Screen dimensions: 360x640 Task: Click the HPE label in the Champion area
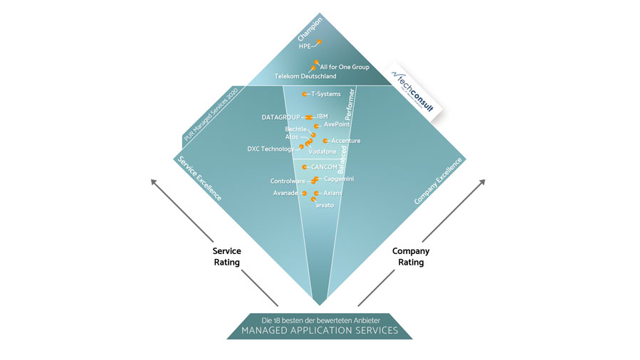pos(305,47)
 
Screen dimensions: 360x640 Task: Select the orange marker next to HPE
pos(318,43)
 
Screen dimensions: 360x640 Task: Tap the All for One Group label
pos(345,67)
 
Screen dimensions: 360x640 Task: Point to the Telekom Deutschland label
pos(305,76)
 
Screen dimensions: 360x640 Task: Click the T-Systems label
pos(326,94)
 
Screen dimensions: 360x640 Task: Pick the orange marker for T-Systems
pos(305,94)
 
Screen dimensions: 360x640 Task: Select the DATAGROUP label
pos(281,117)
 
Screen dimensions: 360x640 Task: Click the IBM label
pos(322,116)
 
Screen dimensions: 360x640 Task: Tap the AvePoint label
pos(338,124)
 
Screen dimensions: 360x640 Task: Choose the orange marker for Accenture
pos(326,141)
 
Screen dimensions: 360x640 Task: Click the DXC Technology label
pos(270,149)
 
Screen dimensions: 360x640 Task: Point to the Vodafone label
pos(322,152)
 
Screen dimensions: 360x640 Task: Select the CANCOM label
pos(324,166)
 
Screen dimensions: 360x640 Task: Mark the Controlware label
pos(288,181)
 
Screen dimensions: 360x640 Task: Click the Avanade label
pos(285,193)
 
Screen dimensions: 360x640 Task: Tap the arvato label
pos(324,205)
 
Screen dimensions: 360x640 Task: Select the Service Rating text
pos(227,257)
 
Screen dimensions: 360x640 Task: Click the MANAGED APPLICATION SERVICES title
pos(320,331)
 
